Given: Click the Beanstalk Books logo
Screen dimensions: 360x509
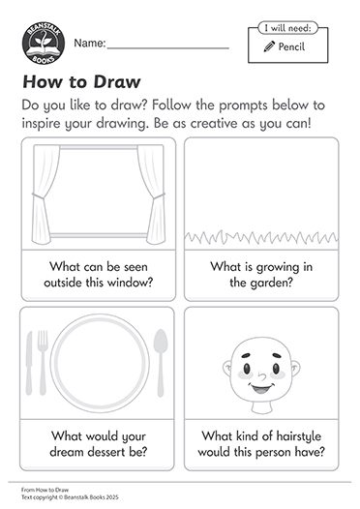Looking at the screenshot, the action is tap(44, 43).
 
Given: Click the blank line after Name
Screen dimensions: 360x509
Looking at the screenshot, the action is tap(168, 48).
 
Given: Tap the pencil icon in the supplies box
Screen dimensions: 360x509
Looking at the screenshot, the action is tap(269, 46).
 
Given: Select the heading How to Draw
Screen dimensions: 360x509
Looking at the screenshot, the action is tap(81, 81).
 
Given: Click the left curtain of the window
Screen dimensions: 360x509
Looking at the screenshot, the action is tap(45, 195).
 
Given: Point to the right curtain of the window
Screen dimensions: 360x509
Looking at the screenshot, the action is tap(151, 195).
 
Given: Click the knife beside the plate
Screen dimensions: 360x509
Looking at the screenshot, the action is tap(29, 363).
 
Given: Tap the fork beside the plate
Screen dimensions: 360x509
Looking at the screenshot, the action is tap(43, 363).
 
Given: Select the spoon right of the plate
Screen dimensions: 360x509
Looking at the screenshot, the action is tap(161, 363).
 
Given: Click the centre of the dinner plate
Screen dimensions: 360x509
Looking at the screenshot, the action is tap(100, 363).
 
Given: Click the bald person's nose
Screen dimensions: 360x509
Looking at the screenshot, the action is tap(261, 375).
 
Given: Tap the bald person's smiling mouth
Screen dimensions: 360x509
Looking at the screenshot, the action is tap(261, 388).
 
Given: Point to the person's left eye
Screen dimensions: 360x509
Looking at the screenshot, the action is tap(247, 369).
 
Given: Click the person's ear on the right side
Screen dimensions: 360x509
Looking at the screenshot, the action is tap(296, 369).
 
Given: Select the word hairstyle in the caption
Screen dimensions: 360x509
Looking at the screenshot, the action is tap(298, 436).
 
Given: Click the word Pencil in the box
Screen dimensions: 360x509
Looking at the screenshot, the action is tap(291, 46).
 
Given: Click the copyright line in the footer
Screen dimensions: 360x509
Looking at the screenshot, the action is tap(70, 497).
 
